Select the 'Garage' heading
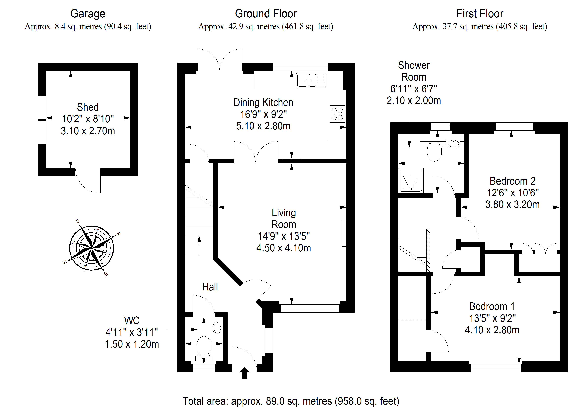[88, 14]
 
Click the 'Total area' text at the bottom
[291, 401]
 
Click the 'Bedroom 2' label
[512, 181]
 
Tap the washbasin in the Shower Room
[453, 143]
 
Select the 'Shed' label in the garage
[88, 107]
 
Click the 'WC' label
[132, 320]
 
